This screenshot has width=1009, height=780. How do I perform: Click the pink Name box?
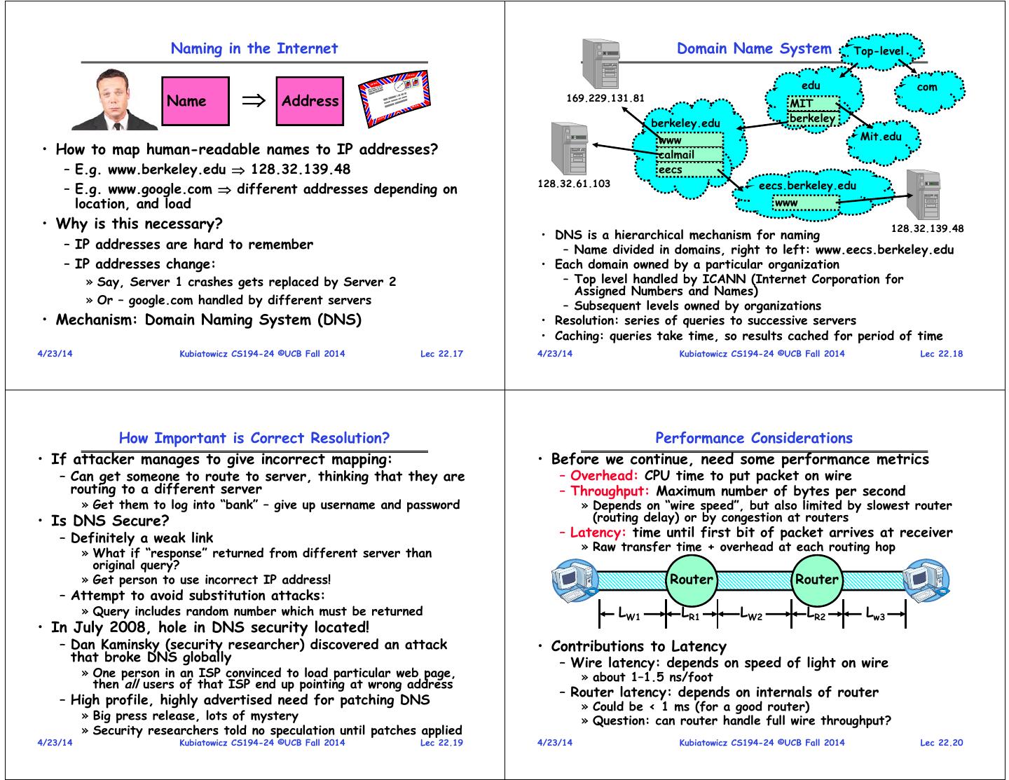[x=195, y=102]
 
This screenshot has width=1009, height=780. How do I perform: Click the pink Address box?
[x=310, y=102]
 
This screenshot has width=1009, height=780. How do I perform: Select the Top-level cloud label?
[x=879, y=51]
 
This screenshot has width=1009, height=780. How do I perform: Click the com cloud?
[x=926, y=88]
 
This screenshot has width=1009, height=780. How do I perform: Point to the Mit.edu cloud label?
[x=881, y=137]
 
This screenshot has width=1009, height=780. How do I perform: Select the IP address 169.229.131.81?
[x=605, y=98]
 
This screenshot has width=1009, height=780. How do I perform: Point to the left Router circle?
[x=691, y=580]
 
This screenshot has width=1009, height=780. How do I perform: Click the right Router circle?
[x=816, y=580]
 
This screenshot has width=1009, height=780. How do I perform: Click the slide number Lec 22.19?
[x=441, y=743]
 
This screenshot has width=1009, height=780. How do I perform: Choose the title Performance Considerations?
[x=754, y=439]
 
